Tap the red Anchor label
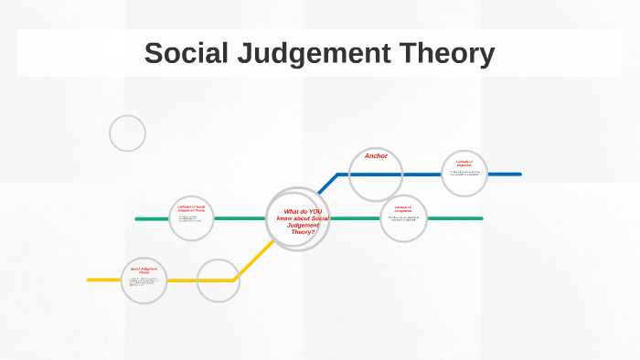376,156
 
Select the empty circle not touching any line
127,133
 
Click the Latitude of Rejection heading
464,164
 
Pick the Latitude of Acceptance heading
403,208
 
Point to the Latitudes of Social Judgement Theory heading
191,208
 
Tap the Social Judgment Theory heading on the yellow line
144,270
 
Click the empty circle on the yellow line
218,281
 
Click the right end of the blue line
519,174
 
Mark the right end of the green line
481,218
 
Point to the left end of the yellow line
89,280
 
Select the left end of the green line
136,219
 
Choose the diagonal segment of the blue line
328,183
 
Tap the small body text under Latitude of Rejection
464,173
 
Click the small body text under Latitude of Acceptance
403,218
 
